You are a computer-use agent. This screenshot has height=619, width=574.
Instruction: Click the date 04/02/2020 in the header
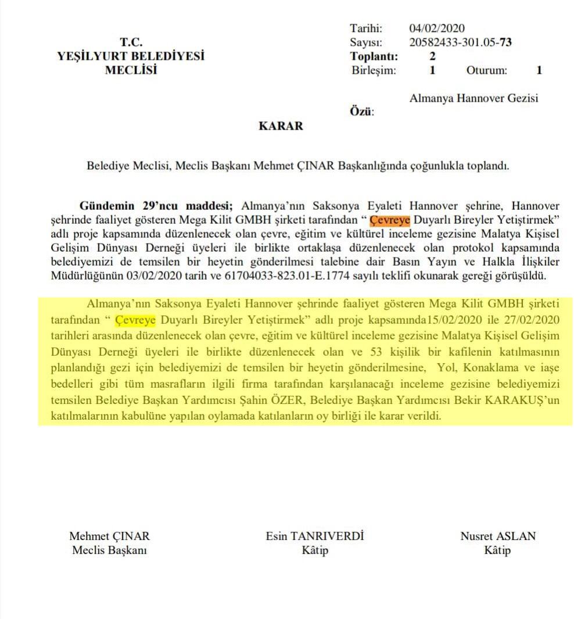pyautogui.click(x=437, y=28)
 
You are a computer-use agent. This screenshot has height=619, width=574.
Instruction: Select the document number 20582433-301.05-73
pyautogui.click(x=460, y=42)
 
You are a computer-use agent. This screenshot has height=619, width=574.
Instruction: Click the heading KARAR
pyautogui.click(x=281, y=126)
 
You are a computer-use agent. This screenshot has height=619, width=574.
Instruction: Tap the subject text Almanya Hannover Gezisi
pyautogui.click(x=473, y=98)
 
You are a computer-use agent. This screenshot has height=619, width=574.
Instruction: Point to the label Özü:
pyautogui.click(x=361, y=112)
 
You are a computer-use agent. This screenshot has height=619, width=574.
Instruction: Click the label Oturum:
pyautogui.click(x=486, y=71)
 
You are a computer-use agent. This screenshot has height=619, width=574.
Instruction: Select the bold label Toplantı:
pyautogui.click(x=374, y=57)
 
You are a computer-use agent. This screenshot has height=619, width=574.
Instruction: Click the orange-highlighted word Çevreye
pyautogui.click(x=390, y=221)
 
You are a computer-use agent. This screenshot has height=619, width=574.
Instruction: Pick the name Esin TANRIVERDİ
pyautogui.click(x=315, y=536)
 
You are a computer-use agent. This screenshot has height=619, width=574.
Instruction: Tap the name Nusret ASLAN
pyautogui.click(x=498, y=536)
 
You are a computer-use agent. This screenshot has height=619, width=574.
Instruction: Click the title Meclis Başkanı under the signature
pyautogui.click(x=109, y=550)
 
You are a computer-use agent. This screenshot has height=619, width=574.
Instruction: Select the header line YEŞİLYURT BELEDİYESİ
pyautogui.click(x=131, y=56)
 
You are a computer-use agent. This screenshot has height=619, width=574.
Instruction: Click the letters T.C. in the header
pyautogui.click(x=131, y=42)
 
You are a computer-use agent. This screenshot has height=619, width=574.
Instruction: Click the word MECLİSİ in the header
pyautogui.click(x=131, y=70)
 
